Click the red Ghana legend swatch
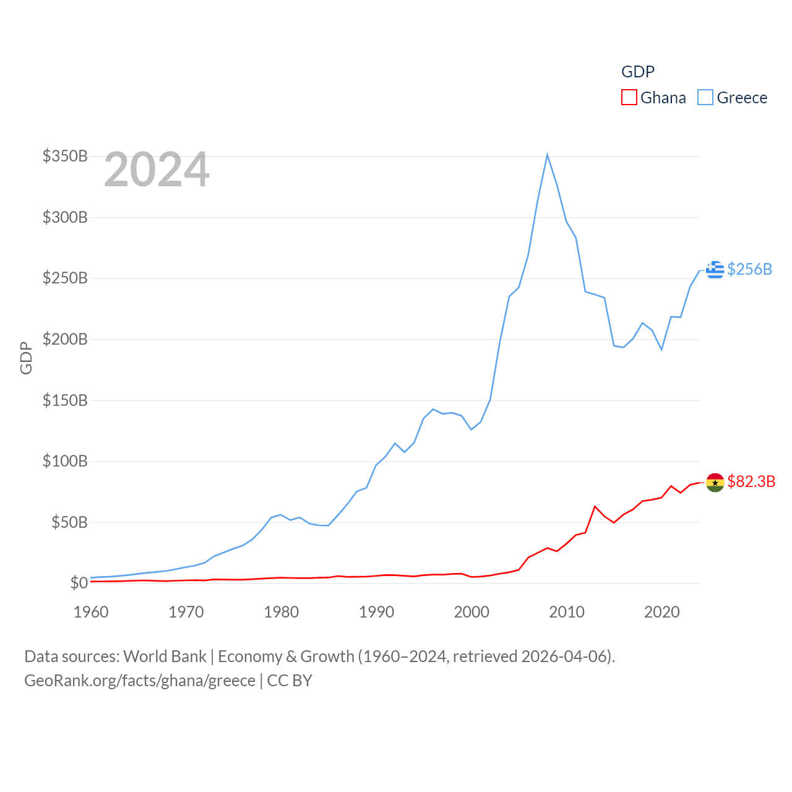point(629,98)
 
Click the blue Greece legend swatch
point(705,98)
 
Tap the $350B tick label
point(65,156)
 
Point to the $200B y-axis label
point(65,339)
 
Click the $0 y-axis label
point(79,583)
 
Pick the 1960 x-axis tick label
point(91,612)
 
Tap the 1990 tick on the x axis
point(376,612)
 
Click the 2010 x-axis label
point(567,612)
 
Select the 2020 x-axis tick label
point(662,612)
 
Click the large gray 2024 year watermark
point(157,170)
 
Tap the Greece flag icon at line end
point(715,270)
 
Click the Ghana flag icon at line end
point(715,482)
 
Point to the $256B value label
point(750,269)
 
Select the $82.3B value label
point(751,481)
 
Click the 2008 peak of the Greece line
point(548,155)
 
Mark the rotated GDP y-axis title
point(26,358)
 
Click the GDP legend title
point(638,72)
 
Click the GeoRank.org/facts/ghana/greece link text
point(140,681)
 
